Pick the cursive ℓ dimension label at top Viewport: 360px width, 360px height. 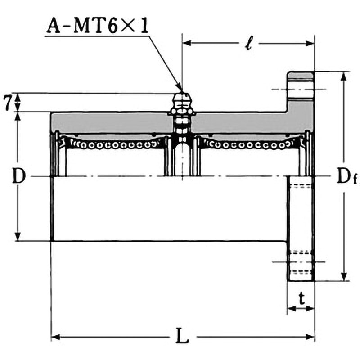[248, 44]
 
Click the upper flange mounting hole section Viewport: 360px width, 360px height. [300, 90]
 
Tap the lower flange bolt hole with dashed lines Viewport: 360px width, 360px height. [301, 261]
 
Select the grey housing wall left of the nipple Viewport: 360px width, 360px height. [112, 122]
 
